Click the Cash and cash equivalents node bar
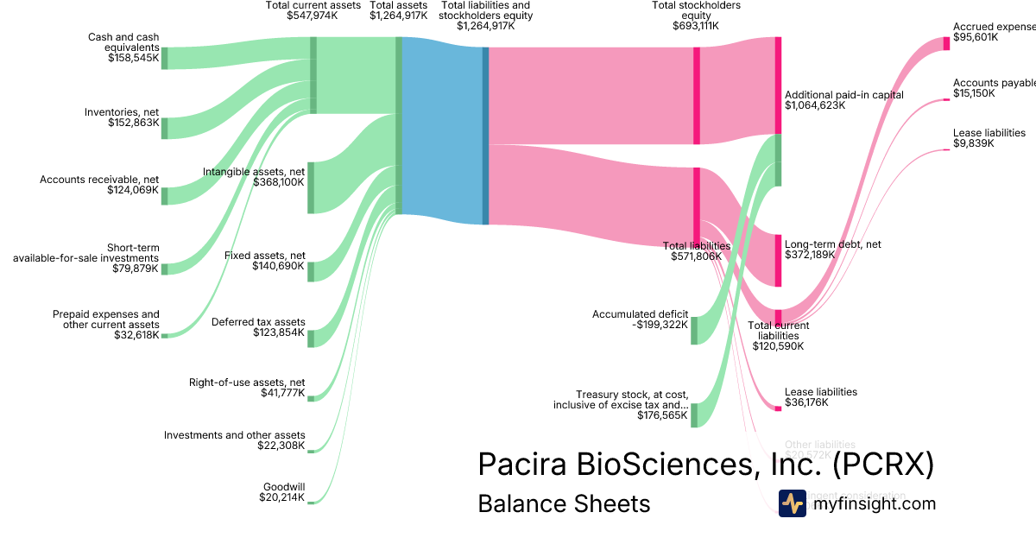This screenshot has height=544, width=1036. [x=164, y=58]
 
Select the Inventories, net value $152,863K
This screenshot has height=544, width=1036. [x=134, y=123]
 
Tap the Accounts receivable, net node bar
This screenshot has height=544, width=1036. [x=164, y=195]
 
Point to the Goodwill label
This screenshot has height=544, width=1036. [x=283, y=486]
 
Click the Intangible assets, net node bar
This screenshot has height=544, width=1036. [x=311, y=187]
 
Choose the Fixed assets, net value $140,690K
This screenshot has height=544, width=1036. [x=278, y=266]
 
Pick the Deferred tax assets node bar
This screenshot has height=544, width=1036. [x=311, y=338]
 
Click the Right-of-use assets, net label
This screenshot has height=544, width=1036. [x=247, y=382]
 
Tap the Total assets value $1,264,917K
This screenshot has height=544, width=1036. [x=398, y=15]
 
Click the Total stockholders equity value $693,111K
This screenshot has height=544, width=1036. [x=695, y=26]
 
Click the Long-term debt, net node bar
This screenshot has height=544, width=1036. [x=778, y=260]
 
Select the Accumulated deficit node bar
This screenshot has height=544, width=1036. [x=694, y=331]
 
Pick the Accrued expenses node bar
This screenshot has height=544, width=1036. [x=947, y=44]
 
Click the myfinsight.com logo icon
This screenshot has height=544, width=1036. [x=792, y=503]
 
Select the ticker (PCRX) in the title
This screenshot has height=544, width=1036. [x=883, y=464]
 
